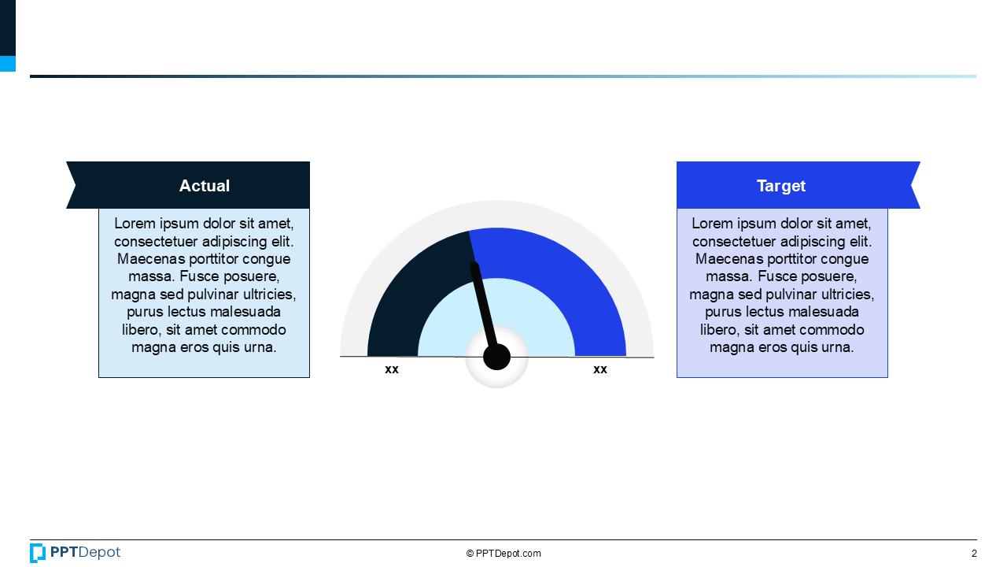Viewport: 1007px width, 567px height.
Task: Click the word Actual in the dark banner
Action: [x=204, y=186]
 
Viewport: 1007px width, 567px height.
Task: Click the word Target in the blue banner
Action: [x=780, y=186]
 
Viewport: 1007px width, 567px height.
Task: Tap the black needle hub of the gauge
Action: [x=496, y=357]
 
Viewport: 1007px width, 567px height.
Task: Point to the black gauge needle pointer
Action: [x=483, y=306]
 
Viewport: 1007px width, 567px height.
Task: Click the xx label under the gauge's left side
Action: [x=392, y=369]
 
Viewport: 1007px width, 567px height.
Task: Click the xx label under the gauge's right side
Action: [x=600, y=369]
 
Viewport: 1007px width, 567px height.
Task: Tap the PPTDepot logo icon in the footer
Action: [x=38, y=553]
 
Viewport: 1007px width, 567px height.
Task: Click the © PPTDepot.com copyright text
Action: [x=503, y=554]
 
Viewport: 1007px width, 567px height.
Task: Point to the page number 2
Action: [x=974, y=554]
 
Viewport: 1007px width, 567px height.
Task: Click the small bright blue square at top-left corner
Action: [x=7, y=64]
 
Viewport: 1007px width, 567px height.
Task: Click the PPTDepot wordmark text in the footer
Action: [x=85, y=553]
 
